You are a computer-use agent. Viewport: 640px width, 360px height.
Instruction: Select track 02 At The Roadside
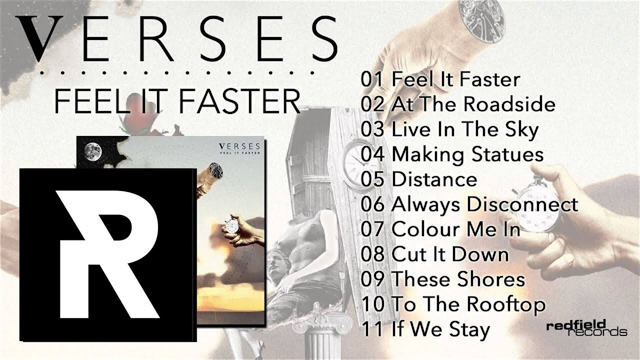click(458, 104)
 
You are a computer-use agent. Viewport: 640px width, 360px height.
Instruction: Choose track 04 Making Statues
click(452, 154)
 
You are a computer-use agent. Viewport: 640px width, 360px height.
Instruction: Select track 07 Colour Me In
click(440, 229)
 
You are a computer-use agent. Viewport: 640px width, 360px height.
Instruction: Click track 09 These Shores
click(443, 279)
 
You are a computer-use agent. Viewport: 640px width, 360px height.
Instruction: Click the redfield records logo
click(587, 328)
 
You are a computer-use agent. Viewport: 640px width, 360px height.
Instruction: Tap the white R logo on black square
click(108, 255)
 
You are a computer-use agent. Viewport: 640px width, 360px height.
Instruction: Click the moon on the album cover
click(93, 151)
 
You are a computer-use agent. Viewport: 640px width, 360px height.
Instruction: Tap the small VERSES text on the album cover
click(239, 146)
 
